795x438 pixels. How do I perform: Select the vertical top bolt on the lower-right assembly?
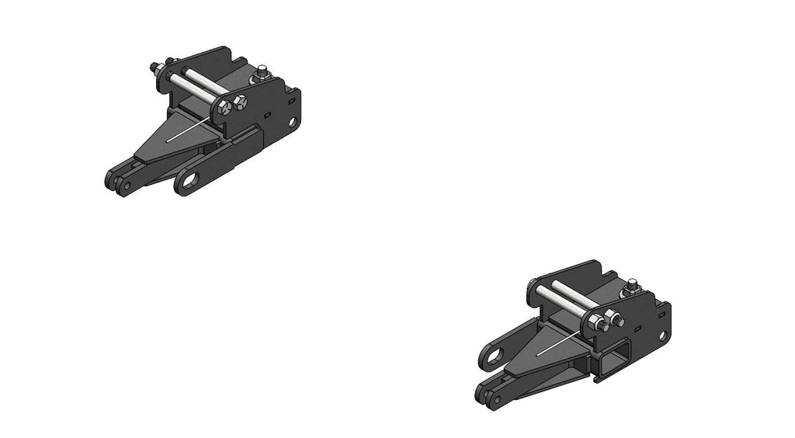pos(633,286)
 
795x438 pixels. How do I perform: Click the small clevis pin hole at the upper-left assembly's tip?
pos(127,186)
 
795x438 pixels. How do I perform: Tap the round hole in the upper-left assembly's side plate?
pos(293,122)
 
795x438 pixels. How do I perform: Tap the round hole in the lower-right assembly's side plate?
pos(663,336)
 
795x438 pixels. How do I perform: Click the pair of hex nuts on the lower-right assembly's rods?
pos(608,320)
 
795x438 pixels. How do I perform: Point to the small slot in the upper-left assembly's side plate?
pos(268,113)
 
